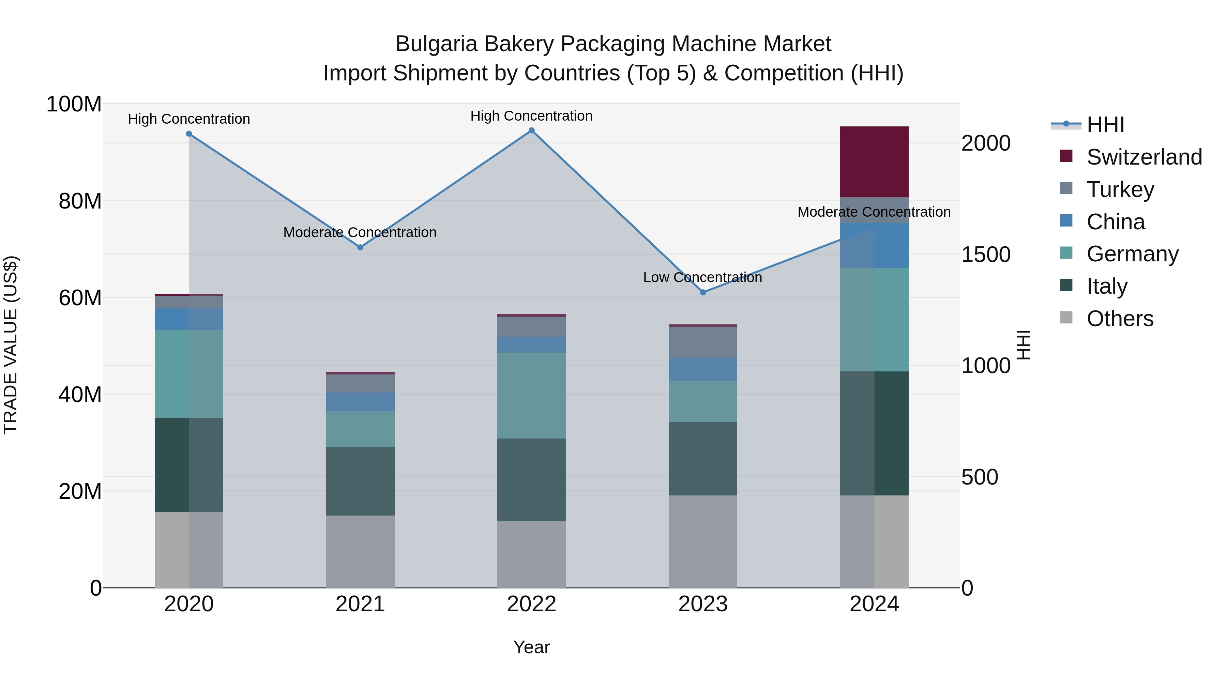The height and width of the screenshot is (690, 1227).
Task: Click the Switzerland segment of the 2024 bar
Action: (x=874, y=162)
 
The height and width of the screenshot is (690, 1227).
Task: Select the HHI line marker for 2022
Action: (x=532, y=131)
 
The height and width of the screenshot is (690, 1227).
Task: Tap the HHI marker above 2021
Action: (x=360, y=247)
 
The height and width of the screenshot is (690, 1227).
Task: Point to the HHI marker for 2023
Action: (x=703, y=292)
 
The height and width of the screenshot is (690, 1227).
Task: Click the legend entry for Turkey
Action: (x=1120, y=189)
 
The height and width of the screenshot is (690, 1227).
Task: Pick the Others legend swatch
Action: (x=1066, y=318)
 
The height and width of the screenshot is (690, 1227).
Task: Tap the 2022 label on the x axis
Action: (x=532, y=604)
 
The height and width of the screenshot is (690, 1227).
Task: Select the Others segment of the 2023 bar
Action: (x=703, y=541)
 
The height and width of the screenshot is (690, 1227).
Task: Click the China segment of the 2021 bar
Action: (x=360, y=402)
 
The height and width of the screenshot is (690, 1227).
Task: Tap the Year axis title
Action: (x=532, y=647)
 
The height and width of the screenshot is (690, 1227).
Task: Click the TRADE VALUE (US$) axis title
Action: (x=11, y=345)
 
